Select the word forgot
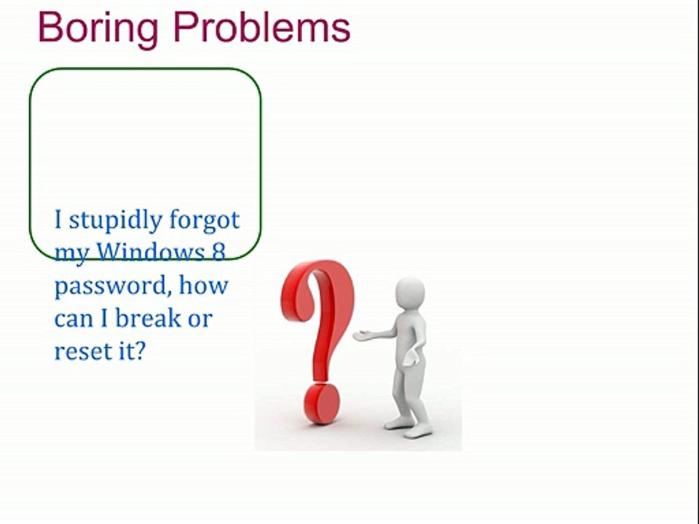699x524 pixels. [x=204, y=219]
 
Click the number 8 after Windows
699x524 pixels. [x=218, y=252]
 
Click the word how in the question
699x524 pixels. [x=204, y=285]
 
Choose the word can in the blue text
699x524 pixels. [x=74, y=319]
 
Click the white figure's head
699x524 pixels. [x=410, y=295]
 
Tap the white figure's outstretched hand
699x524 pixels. [x=361, y=336]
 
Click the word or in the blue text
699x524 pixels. [x=199, y=319]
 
